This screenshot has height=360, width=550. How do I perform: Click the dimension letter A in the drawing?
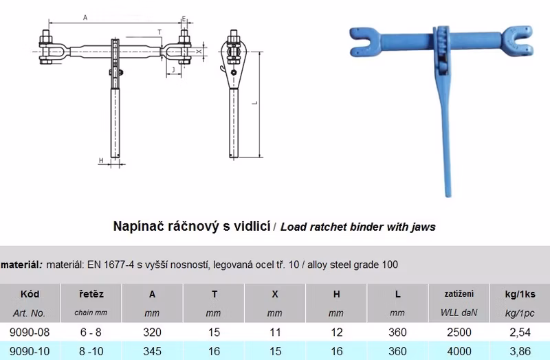click(x=85, y=18)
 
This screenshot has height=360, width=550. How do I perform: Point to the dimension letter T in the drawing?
click(x=159, y=32)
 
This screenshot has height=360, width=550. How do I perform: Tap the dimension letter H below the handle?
click(x=101, y=161)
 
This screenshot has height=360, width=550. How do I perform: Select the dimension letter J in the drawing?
click(x=173, y=70)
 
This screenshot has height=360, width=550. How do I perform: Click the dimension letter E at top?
click(x=184, y=19)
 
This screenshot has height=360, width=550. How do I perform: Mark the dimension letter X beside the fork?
click(x=199, y=52)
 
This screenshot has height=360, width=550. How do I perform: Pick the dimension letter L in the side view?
click(x=255, y=102)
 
